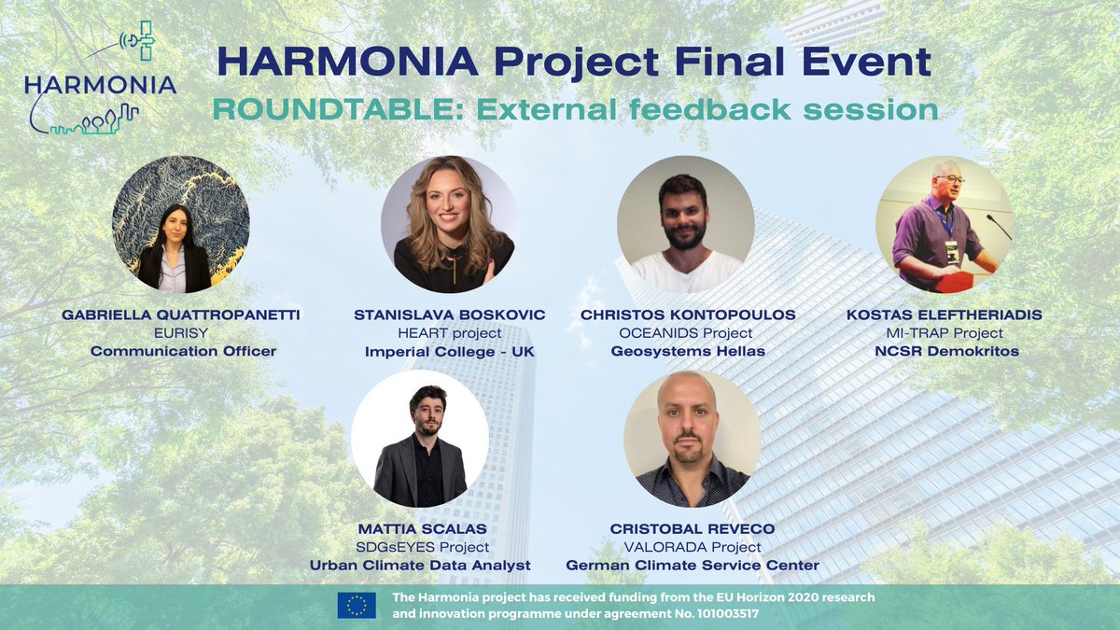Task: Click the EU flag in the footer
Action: pos(357,606)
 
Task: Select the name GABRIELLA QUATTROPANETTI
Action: pos(180,315)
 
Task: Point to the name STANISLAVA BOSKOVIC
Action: pos(451,315)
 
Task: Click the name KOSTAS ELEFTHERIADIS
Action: pos(945,315)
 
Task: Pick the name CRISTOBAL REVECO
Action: pos(693,529)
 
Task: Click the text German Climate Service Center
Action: pos(693,565)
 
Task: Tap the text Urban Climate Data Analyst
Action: pos(420,565)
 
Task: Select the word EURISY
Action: pos(180,333)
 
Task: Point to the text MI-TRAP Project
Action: pos(945,333)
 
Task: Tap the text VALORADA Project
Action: pos(693,547)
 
